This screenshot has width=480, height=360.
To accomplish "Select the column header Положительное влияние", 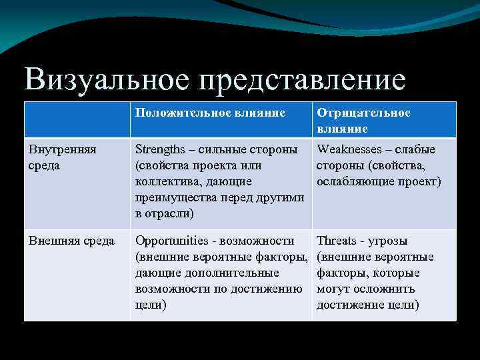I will pyautogui.click(x=210, y=113).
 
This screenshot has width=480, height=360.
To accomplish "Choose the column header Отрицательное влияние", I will pyautogui.click(x=363, y=120).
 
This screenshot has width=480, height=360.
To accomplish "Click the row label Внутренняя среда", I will pyautogui.click(x=61, y=157).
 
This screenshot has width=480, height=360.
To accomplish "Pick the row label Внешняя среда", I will pyautogui.click(x=71, y=241).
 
